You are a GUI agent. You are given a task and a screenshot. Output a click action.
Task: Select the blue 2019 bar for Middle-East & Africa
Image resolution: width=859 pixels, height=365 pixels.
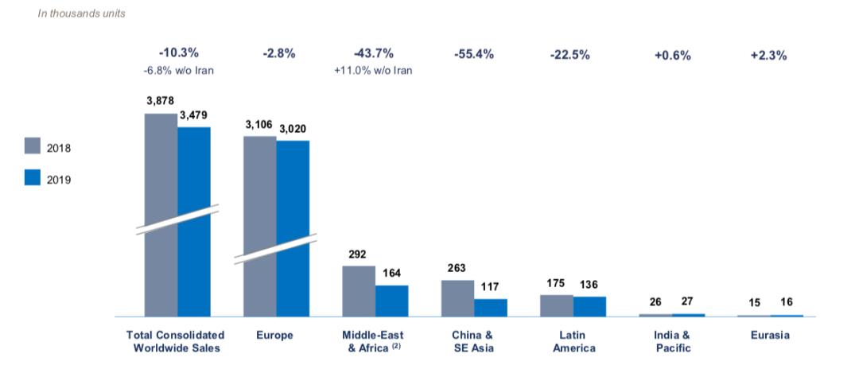[391, 301]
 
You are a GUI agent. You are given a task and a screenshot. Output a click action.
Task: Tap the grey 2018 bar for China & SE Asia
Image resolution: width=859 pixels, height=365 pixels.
[457, 298]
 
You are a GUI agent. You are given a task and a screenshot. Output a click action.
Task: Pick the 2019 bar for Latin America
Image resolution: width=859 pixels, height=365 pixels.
[589, 306]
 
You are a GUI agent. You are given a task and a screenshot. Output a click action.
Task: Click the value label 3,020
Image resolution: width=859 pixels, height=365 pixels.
[293, 128]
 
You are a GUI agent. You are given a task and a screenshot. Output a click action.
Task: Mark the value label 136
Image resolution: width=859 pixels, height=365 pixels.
[589, 285]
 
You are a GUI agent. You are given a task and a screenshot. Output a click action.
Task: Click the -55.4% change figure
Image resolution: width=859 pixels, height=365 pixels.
[474, 54]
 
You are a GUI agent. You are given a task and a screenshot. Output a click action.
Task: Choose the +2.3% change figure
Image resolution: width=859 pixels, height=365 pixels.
[768, 55]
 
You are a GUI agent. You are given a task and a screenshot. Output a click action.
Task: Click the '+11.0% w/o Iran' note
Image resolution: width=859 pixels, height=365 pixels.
[373, 70]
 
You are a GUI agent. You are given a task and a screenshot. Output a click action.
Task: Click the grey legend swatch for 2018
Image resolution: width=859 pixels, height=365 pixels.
[33, 146]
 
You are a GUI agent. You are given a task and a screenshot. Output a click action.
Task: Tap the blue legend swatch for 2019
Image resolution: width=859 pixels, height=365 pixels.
[33, 178]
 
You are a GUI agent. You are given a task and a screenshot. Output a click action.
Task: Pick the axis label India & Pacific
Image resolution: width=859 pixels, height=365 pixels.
[671, 341]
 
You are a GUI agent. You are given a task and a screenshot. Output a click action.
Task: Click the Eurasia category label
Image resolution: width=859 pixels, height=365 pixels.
[770, 335]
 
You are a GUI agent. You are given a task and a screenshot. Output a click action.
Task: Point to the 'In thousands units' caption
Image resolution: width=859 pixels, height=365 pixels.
[81, 14]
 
